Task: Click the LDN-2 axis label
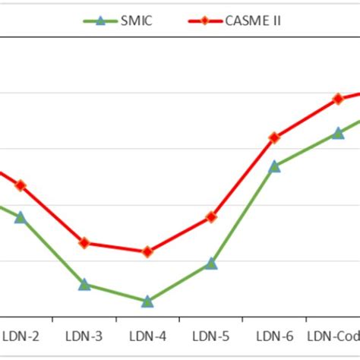click(21, 335)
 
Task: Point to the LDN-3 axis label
click(84, 335)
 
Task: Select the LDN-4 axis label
click(147, 335)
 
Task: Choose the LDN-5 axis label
click(210, 335)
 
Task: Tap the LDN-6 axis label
click(274, 335)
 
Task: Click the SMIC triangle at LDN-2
click(21, 217)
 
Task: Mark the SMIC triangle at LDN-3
click(84, 284)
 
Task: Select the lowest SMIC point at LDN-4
click(147, 302)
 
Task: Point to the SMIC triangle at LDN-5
click(211, 264)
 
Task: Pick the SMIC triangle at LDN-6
click(275, 166)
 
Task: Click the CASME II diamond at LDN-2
click(21, 185)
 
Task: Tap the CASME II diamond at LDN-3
click(84, 243)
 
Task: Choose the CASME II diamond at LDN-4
click(147, 251)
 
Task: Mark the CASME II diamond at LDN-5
click(211, 217)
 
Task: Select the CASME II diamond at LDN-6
click(275, 137)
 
